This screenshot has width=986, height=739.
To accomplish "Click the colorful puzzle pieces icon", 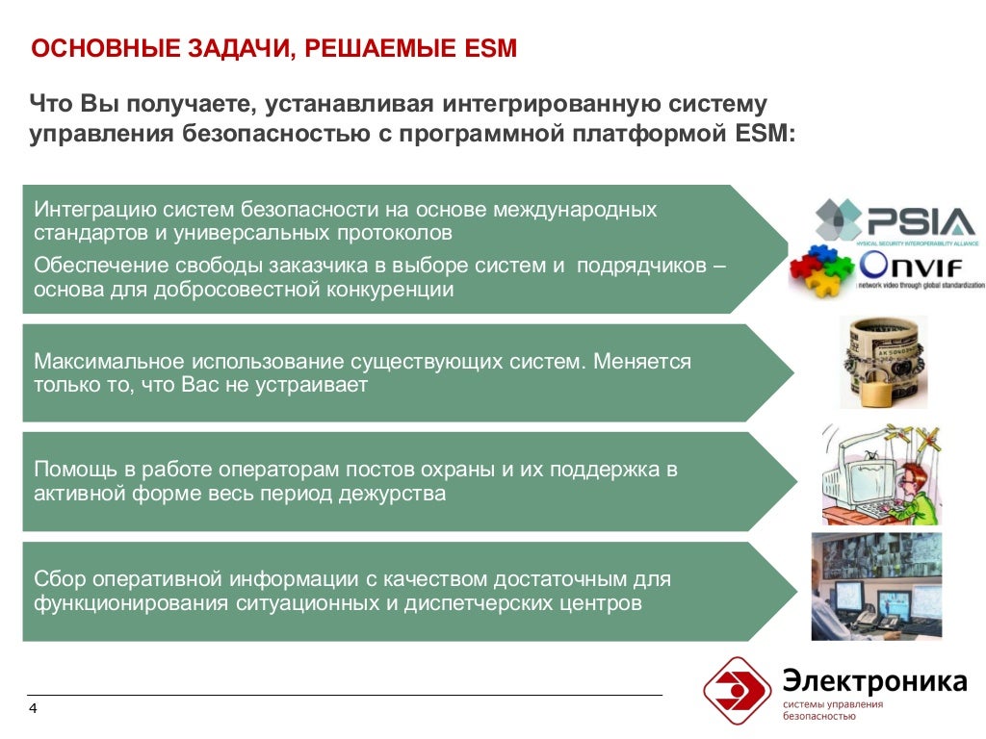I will (x=821, y=271).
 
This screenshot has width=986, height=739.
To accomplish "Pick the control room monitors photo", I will (x=875, y=586).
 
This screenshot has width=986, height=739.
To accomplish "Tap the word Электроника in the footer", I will (x=874, y=681).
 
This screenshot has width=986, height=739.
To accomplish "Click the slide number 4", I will (x=34, y=709).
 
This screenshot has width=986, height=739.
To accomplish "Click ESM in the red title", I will (x=494, y=48).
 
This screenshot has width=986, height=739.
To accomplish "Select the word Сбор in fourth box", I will (x=59, y=579).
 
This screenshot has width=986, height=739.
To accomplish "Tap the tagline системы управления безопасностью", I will (x=832, y=710).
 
